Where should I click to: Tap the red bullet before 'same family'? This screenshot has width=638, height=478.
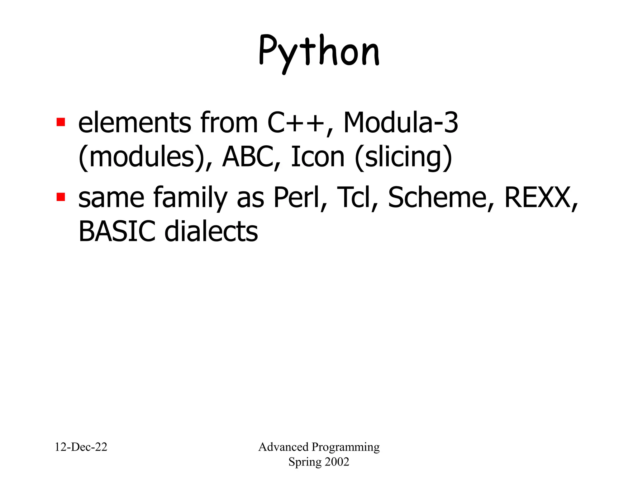pos(61,197)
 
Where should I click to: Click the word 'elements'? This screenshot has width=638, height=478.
pos(134,123)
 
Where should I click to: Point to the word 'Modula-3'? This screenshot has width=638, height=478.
pos(400,123)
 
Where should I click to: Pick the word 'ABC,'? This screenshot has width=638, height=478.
pos(251,157)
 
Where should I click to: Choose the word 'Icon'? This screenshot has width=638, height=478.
pos(317,157)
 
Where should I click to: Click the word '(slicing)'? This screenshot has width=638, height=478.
pos(403,157)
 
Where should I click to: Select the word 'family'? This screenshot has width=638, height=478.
pos(190,198)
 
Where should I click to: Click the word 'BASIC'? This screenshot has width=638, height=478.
pos(117,232)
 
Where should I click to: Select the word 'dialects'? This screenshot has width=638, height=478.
pos(211,232)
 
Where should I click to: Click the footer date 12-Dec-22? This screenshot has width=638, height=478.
pos(81,447)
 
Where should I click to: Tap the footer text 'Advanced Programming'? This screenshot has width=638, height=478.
pos(319,447)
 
